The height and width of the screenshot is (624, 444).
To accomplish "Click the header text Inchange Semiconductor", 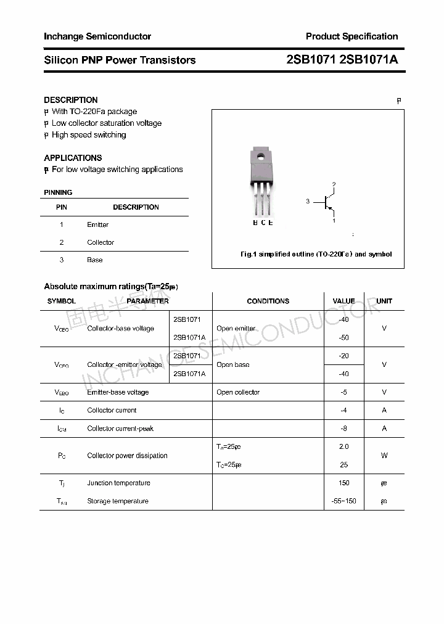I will tap(97, 36).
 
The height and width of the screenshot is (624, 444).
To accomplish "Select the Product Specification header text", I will tap(351, 36).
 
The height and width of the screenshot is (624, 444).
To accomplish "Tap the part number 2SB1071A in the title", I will tap(369, 60).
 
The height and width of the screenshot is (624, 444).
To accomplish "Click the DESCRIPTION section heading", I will tap(71, 100).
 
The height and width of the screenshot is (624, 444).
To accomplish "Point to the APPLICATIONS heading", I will tap(73, 158).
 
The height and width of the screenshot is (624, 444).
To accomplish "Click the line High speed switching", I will tap(88, 135).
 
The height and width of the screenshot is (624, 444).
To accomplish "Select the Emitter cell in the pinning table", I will tap(97, 225).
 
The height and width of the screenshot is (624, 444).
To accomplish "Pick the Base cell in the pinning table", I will tap(95, 260).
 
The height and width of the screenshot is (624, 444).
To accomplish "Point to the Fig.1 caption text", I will tap(315, 254).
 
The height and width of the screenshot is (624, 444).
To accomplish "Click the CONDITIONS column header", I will tap(268, 302).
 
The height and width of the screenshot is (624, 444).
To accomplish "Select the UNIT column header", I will tap(384, 302).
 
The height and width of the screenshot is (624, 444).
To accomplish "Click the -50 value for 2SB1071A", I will tap(343, 338).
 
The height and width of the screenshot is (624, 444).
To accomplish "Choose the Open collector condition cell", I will tap(238, 392).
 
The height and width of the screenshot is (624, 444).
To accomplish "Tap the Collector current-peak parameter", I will tap(120, 429).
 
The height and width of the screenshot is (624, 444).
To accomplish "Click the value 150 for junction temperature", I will tap(343, 483).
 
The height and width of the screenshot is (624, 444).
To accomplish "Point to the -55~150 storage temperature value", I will tap(343, 501).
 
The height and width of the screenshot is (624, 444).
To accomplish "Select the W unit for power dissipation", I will tap(384, 456).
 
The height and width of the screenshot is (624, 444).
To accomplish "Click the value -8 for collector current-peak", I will tap(343, 429).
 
